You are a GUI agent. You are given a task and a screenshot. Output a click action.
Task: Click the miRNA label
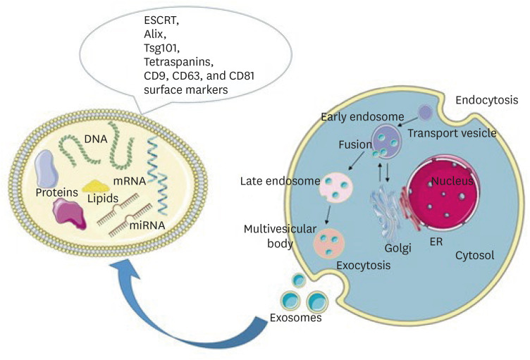tap(151, 224)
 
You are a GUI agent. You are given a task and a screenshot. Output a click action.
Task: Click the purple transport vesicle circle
tap(425, 113)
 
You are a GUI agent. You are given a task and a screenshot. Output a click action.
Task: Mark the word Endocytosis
tap(486, 101)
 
